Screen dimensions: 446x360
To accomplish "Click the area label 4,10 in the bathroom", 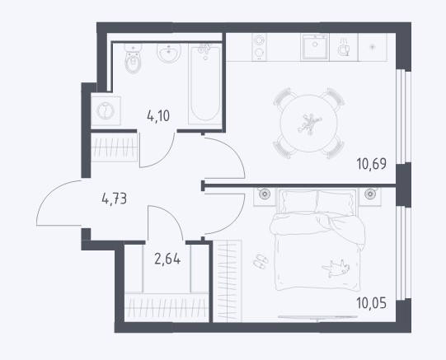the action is coord(158,116).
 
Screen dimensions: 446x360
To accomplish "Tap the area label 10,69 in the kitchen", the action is coord(372,164).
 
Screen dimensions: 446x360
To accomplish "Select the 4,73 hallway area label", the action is coord(115,199).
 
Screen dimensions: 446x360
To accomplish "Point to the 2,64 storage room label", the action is coord(167,259).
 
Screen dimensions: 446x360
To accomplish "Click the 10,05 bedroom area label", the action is coord(372,303).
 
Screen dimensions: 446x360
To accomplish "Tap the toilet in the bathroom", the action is coord(133,58).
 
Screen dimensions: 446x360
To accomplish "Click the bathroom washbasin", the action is coord(169,53).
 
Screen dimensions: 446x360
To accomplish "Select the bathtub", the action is coord(205,84).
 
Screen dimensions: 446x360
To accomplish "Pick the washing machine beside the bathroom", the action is coord(106,111).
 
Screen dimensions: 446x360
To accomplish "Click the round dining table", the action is coord(308,124).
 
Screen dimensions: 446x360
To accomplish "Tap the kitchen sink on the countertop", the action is coord(315,47).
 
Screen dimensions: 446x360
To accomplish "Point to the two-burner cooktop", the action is coord(259,47).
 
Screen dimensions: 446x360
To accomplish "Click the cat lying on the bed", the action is coord(336,268).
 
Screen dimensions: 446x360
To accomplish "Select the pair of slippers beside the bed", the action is coord(261,261).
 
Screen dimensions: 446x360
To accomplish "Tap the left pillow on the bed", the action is coord(298,202).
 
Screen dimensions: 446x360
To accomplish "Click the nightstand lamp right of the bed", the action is coord(370,194).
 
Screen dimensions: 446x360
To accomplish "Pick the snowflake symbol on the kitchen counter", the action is coord(372,47).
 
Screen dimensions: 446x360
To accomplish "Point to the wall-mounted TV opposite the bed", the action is coord(317,317).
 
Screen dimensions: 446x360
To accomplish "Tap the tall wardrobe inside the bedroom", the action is coord(228,281).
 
